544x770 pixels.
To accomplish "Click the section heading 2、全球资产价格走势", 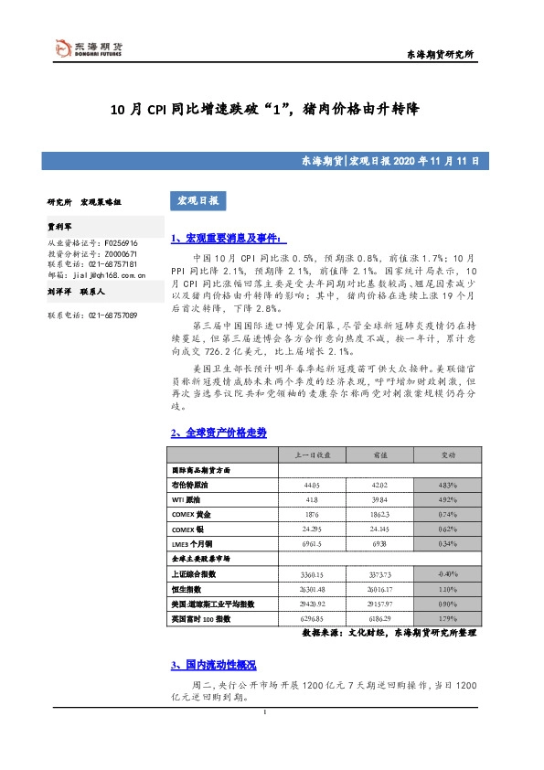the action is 219,433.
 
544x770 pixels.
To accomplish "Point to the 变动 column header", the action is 449,455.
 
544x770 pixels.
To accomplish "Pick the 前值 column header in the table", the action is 379,455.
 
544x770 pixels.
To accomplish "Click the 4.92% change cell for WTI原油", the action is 448,499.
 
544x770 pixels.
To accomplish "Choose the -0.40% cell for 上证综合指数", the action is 448,574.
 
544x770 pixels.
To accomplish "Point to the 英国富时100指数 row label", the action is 206,619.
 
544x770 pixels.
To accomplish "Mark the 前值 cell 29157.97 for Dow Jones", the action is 379,604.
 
